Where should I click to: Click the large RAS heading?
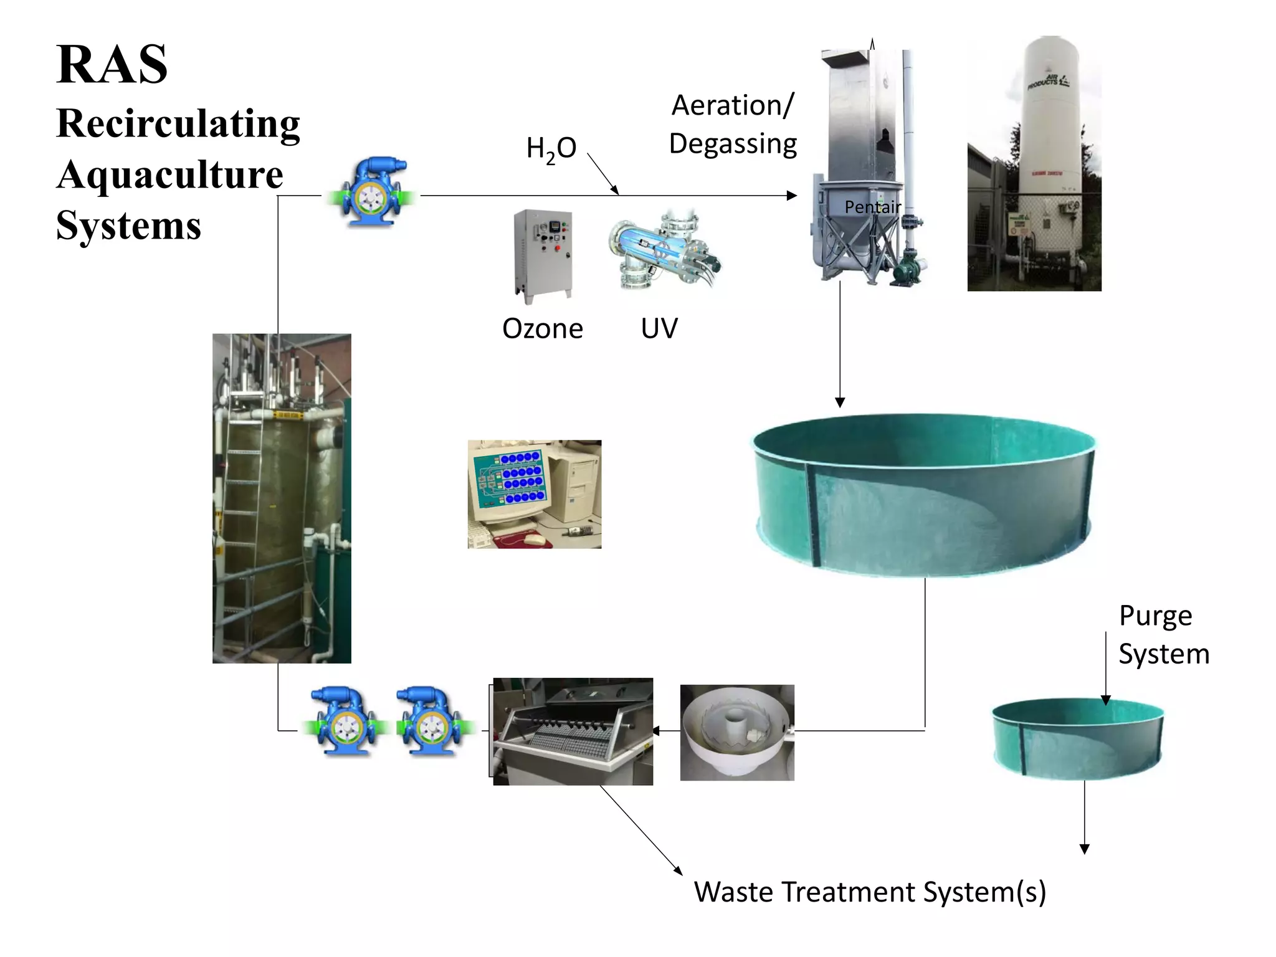[112, 64]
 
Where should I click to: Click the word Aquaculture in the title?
[169, 174]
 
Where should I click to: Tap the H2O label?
[551, 149]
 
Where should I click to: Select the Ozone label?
[542, 328]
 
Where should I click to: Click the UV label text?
[659, 328]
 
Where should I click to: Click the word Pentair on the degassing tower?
[872, 207]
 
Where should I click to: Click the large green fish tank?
[925, 492]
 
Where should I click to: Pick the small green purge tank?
[1078, 738]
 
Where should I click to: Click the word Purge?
[1155, 616]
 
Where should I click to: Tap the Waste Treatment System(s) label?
[870, 892]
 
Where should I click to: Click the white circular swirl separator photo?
[737, 732]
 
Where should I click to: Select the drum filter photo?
[573, 731]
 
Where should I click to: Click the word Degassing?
[733, 144]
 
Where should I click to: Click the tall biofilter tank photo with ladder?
[282, 498]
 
